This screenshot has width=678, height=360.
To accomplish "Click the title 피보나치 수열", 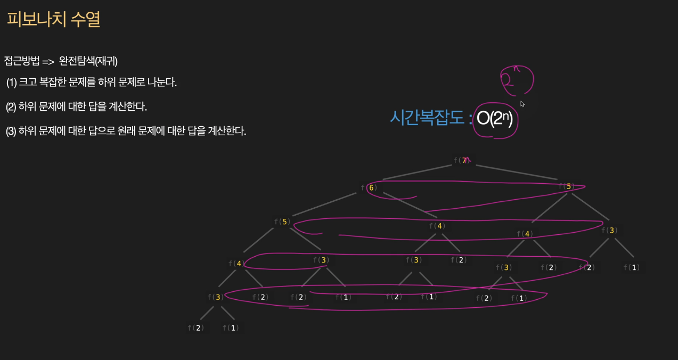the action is [x=54, y=20].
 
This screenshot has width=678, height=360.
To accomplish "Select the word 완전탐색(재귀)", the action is [x=88, y=61].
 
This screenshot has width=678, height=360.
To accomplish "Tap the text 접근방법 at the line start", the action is [x=22, y=61].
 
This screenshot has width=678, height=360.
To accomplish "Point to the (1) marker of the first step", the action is [x=12, y=83].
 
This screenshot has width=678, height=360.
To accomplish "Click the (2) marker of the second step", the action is [x=11, y=107].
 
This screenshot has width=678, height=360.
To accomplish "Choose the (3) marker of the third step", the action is [x=11, y=131].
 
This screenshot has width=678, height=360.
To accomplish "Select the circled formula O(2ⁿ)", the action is [x=495, y=119].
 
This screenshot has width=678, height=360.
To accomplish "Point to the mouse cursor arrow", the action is [x=522, y=104].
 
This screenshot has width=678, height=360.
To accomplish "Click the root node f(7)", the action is [x=462, y=160].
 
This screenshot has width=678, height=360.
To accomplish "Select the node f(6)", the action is [x=369, y=188].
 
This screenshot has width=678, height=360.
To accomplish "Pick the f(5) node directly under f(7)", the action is [x=566, y=186].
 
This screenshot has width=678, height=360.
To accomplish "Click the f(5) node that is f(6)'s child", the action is [x=282, y=222].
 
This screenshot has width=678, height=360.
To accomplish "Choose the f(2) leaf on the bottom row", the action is [x=196, y=328].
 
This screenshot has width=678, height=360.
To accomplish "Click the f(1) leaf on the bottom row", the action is [x=231, y=328].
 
